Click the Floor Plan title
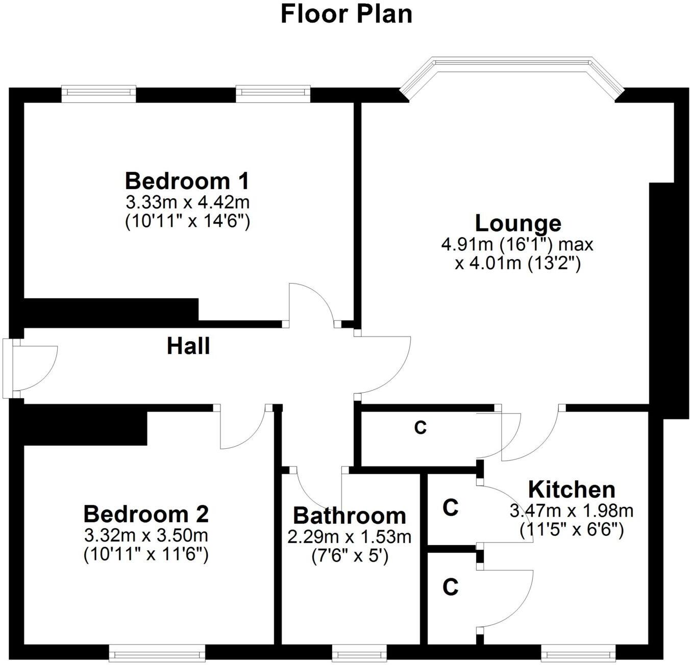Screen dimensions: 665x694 point(346,14)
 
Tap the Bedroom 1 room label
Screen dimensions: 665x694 point(187,181)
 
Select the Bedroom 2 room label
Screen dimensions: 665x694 point(146,514)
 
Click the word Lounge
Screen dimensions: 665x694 point(517,223)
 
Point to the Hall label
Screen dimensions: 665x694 point(188,346)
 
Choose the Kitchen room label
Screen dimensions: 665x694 point(572,490)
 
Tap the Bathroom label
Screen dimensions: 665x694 point(350,516)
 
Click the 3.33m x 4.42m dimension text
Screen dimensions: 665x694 point(187,203)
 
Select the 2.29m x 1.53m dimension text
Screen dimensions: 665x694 point(350,536)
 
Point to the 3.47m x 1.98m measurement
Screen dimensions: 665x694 point(572,510)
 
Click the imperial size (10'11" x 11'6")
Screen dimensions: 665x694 point(146,554)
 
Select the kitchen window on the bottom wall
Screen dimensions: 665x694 point(578,653)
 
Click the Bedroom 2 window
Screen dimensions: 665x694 point(157,653)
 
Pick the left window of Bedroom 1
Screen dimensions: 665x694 point(98,92)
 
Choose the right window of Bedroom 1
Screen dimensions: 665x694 point(273,92)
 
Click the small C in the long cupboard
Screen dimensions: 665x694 point(420,428)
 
